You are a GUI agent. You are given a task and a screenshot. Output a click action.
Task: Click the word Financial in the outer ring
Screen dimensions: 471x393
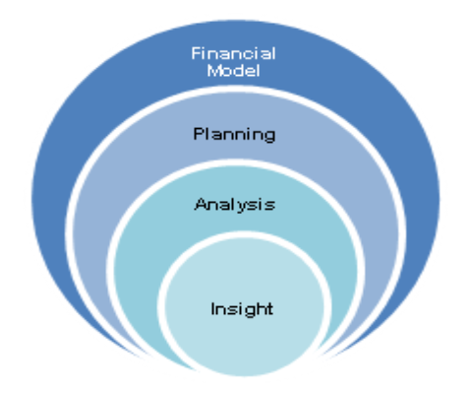point(233,53)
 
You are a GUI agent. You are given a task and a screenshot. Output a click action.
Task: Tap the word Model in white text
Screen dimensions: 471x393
point(234,71)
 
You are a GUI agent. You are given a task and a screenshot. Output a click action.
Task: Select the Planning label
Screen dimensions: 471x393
point(234,135)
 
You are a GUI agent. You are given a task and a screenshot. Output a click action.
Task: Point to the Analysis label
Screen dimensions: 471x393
point(235,204)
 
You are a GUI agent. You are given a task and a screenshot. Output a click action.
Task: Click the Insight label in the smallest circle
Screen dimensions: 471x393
point(242,309)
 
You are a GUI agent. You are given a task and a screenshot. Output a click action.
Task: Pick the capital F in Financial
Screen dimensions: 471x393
point(196,53)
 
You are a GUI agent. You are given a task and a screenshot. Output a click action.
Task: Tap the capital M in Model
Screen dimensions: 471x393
point(213,71)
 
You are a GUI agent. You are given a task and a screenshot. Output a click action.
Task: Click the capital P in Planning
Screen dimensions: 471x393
point(199,134)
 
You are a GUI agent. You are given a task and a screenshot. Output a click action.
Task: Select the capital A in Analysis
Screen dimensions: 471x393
point(202,204)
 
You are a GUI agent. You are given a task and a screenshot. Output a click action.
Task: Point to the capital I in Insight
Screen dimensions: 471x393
point(213,308)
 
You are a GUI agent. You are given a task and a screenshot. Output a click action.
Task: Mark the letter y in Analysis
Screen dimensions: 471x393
point(241,206)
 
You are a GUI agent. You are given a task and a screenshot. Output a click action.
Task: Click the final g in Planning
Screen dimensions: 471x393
point(270,137)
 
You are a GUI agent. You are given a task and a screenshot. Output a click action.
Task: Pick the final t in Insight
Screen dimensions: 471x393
point(269,309)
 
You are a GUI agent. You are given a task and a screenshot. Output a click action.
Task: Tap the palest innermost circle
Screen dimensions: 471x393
point(244,345)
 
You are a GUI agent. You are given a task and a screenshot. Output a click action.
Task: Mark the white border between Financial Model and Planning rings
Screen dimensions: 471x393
point(236,89)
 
